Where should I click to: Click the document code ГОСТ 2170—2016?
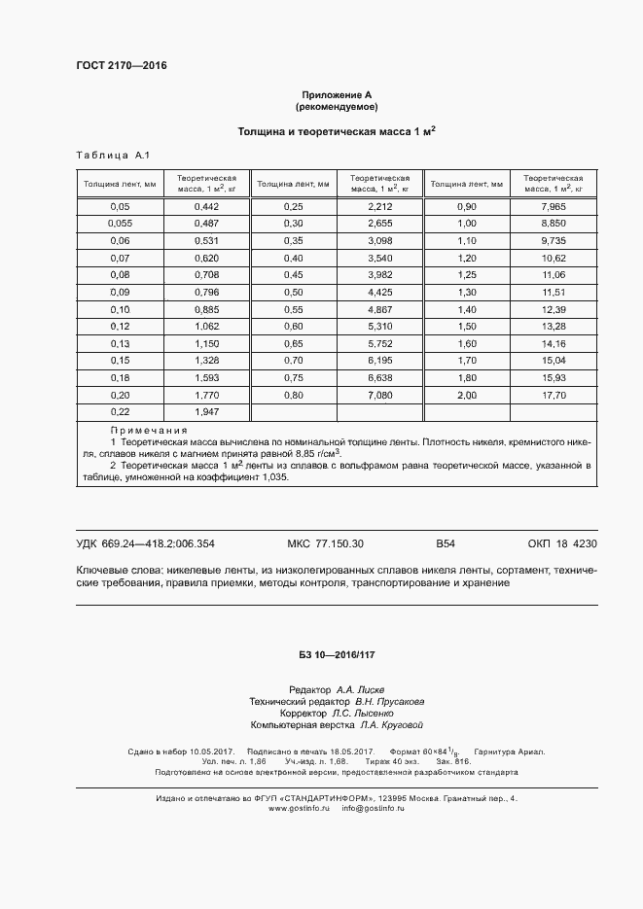click(121, 65)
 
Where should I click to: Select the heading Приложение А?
click(337, 93)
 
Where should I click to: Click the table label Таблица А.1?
click(112, 156)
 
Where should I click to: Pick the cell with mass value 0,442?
click(206, 207)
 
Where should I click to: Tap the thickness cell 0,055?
click(120, 224)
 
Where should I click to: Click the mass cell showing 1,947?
click(206, 412)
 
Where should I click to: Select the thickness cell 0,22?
click(120, 412)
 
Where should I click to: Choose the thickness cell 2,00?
click(467, 396)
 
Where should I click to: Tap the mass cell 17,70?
click(554, 396)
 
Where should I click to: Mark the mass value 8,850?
click(554, 224)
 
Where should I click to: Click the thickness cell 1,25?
click(467, 275)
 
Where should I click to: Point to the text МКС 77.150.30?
click(326, 543)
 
